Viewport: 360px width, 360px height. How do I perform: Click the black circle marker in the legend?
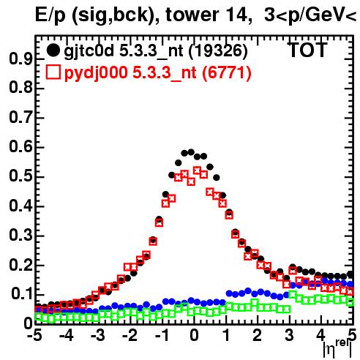point(53,50)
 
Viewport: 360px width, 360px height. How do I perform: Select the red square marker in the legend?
point(53,72)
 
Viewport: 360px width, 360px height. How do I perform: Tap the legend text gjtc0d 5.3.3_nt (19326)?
point(156,51)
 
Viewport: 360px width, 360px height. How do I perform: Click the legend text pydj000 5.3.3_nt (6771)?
point(157,73)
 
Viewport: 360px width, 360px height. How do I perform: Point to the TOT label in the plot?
point(307,50)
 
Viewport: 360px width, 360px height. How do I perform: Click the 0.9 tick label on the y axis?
point(20,59)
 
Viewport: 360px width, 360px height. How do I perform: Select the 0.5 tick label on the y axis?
point(20,177)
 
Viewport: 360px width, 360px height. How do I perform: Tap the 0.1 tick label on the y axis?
point(22,295)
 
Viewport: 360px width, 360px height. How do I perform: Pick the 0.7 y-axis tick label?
point(20,118)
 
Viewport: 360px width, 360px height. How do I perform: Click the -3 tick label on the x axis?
point(98,336)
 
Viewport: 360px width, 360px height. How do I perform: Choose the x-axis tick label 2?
point(258,336)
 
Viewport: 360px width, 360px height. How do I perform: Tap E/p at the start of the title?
point(50,16)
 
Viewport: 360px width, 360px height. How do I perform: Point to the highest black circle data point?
point(191,152)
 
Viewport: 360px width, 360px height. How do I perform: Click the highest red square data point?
point(197,170)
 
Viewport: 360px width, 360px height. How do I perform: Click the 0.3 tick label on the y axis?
point(20,236)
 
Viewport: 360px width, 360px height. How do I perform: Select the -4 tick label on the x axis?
point(66,336)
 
